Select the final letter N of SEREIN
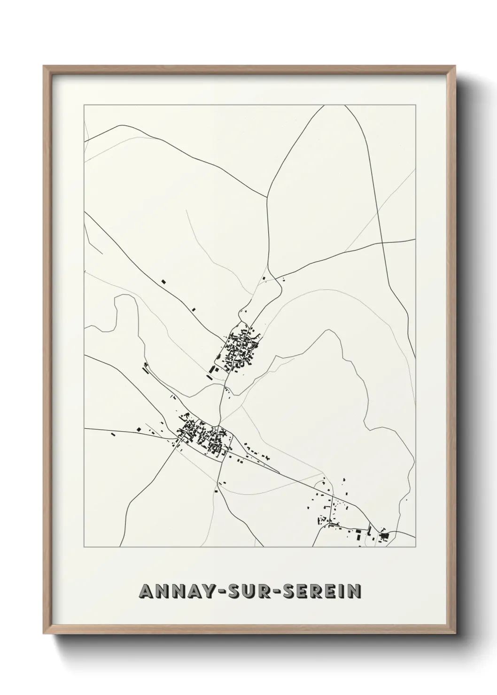pos(354,591)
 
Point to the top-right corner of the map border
pos(415,105)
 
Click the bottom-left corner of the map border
pos(85,547)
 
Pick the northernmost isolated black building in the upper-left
pos(163,282)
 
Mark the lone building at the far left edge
pos(113,434)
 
